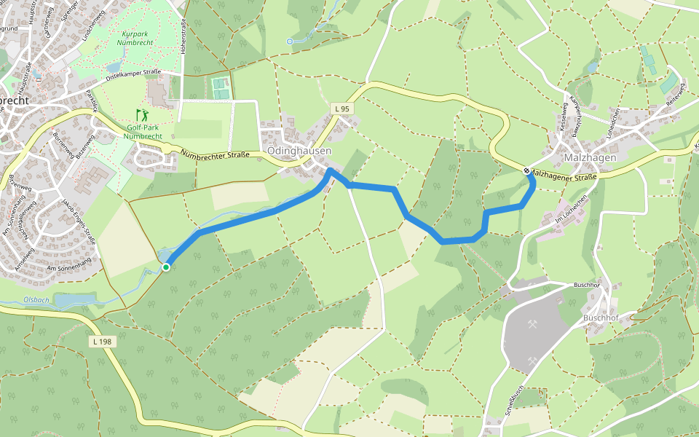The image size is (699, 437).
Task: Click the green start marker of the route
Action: pyautogui.click(x=166, y=267)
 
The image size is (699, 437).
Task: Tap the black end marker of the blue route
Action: pyautogui.click(x=526, y=170)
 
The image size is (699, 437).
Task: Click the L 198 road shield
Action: pyautogui.click(x=102, y=341)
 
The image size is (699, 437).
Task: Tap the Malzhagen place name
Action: pyautogui.click(x=591, y=157)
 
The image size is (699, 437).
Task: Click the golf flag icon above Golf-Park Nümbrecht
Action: pyautogui.click(x=141, y=115)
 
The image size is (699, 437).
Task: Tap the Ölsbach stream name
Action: pyautogui.click(x=36, y=299)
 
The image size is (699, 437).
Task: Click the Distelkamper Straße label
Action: pyautogui.click(x=133, y=74)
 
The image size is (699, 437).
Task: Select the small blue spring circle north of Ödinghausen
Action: pyautogui.click(x=289, y=42)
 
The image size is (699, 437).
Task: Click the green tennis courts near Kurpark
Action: pyautogui.click(x=219, y=88)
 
